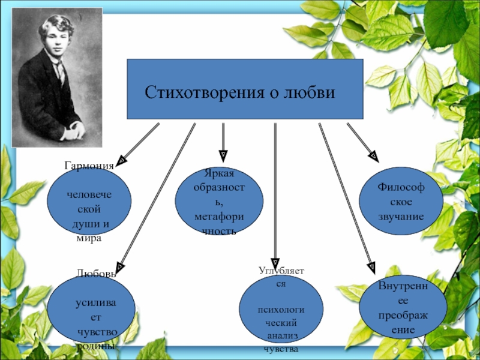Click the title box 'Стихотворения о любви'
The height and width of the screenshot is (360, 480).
[245, 89]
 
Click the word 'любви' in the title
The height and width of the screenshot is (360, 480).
[310, 93]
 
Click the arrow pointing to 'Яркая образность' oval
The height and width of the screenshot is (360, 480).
[223, 144]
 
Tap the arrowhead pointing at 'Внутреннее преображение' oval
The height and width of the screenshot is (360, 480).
[372, 265]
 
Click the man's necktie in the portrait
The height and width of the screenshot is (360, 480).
[60, 72]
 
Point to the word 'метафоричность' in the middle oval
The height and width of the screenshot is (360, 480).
[219, 223]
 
